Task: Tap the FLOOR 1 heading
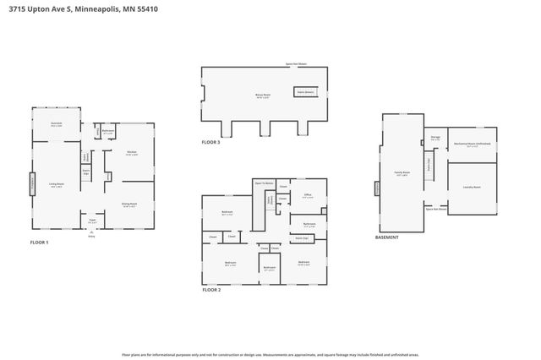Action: pyautogui.click(x=40, y=243)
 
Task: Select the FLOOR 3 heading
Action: pyautogui.click(x=210, y=142)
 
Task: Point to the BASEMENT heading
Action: pyautogui.click(x=386, y=237)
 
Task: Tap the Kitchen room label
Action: pyautogui.click(x=132, y=153)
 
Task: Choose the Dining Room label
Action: pyautogui.click(x=129, y=204)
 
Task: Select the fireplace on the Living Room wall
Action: pyautogui.click(x=33, y=184)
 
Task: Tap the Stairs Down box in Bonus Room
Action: pyautogui.click(x=304, y=90)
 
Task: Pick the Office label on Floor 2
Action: pyautogui.click(x=308, y=195)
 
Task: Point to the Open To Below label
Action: pyautogui.click(x=264, y=182)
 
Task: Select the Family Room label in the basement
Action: pyautogui.click(x=402, y=173)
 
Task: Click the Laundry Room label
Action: pyautogui.click(x=471, y=187)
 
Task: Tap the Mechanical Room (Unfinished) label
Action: pyautogui.click(x=472, y=144)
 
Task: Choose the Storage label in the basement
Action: pyautogui.click(x=435, y=137)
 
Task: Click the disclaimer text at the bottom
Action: pyautogui.click(x=270, y=355)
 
